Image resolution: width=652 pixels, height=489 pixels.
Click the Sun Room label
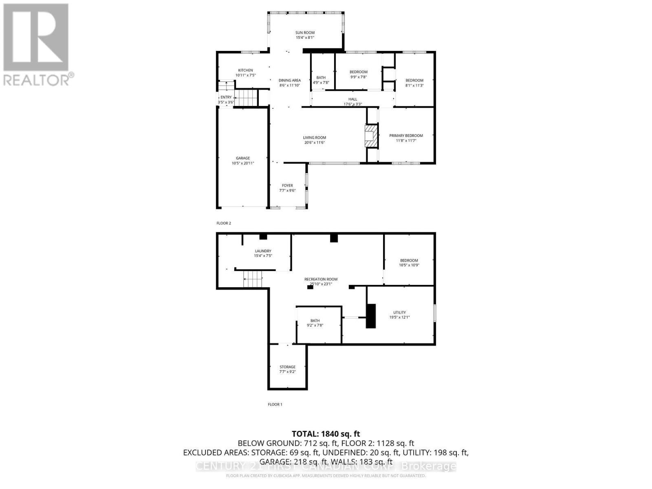(x=305, y=33)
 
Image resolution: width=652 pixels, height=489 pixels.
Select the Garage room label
(x=243, y=158)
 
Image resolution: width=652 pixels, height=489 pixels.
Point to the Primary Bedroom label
(x=406, y=136)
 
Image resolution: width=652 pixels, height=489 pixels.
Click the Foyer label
(x=287, y=185)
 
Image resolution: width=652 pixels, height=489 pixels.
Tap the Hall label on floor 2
(x=352, y=99)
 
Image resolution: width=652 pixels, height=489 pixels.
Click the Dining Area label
(x=290, y=80)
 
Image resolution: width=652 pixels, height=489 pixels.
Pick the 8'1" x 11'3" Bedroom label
(x=414, y=80)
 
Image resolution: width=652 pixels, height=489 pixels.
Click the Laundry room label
(x=263, y=251)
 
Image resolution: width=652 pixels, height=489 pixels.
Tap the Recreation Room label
(x=321, y=279)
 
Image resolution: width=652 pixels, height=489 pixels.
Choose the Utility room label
(x=399, y=313)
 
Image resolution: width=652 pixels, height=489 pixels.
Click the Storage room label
(x=287, y=367)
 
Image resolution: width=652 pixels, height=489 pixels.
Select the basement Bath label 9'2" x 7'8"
(x=315, y=321)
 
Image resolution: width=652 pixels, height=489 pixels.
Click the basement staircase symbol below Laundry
(x=253, y=280)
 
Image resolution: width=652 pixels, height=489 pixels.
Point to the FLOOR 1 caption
(x=275, y=404)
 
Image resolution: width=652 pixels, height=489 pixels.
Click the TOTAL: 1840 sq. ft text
(x=326, y=434)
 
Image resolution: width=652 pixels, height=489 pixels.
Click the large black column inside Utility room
(x=370, y=316)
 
